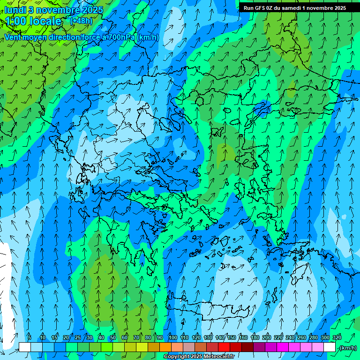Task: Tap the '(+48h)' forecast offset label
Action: point(81,21)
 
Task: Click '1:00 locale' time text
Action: point(34,21)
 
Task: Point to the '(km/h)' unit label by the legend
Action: point(348,348)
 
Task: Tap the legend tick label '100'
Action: point(173,337)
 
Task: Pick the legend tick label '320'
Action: point(337,337)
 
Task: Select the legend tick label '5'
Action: point(30,337)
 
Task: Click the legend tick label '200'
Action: point(267,337)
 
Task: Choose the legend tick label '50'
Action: point(112,337)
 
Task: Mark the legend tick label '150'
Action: point(232,337)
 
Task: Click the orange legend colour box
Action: point(165,347)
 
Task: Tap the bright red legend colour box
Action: point(224,347)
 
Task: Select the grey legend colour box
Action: point(189,347)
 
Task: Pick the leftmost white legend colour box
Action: point(25,347)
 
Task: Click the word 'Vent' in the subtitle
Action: point(13,37)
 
